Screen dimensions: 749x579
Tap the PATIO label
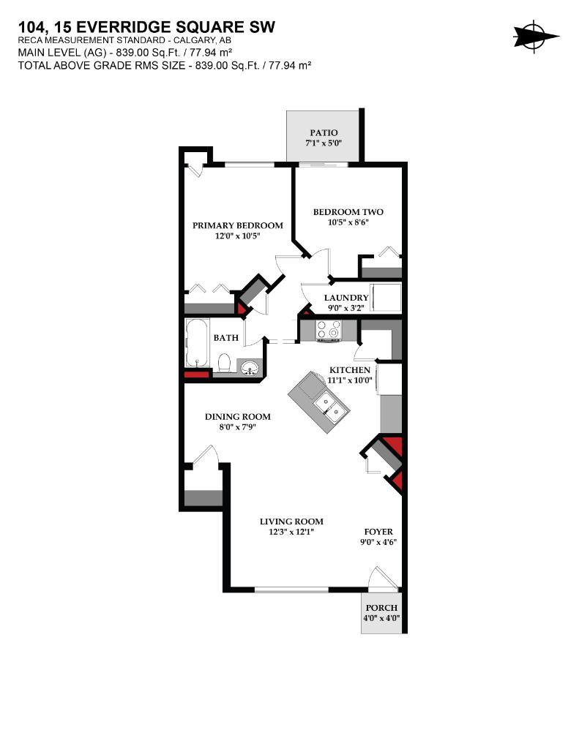pos(324,132)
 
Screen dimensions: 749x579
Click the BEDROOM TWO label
pos(348,212)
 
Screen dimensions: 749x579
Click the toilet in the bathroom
pos(225,363)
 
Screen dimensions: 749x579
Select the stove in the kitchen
pos(328,331)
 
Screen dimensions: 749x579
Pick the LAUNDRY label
pos(346,298)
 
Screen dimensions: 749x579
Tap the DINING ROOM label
pos(237,417)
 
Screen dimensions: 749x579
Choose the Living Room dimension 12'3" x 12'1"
pos(291,532)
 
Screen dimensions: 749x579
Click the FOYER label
pos(378,532)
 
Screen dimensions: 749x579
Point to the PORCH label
pos(381,608)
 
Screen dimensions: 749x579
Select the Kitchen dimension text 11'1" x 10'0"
pos(350,380)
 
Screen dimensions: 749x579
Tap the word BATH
pos(225,338)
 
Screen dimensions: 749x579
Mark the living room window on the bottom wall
pos(291,589)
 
